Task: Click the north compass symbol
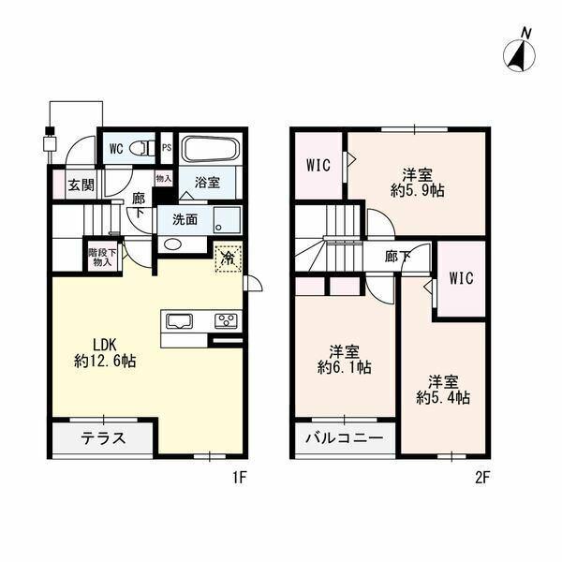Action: coord(519,54)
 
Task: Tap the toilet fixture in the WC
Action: coord(142,148)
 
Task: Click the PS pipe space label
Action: coord(167,148)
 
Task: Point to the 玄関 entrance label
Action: coord(81,185)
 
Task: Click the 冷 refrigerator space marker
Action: coord(229,257)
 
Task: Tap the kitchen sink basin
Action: coord(180,320)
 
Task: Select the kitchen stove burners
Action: coord(226,320)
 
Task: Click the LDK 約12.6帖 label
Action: coord(105,353)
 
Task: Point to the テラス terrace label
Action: coord(103,438)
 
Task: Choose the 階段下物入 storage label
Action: coord(102,257)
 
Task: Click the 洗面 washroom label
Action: coord(185,220)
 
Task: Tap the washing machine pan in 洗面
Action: coord(227,220)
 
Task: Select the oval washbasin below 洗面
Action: coord(172,244)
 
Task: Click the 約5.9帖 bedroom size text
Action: coord(418,191)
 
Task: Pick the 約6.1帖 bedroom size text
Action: coord(344,367)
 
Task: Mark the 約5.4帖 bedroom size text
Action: coord(443,398)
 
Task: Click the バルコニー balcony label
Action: coord(345,438)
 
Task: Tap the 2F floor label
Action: coord(482,477)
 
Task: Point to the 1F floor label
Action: coord(240,477)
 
